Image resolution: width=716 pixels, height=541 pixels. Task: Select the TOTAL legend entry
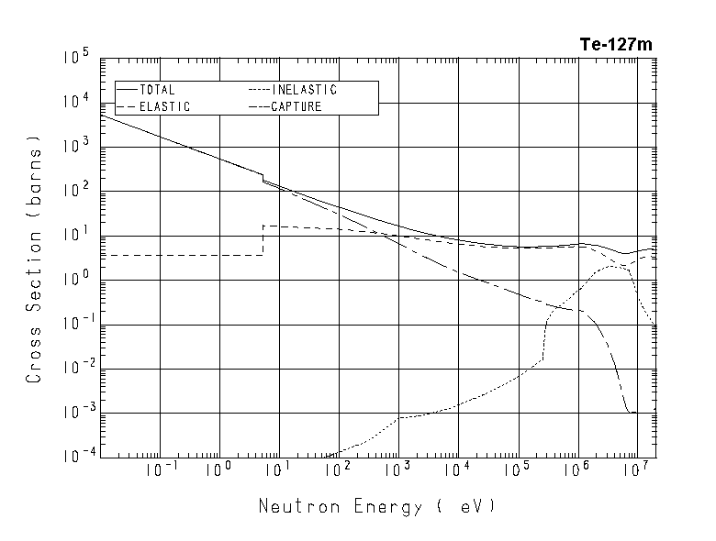(158, 90)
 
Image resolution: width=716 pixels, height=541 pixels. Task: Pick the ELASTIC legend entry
(165, 106)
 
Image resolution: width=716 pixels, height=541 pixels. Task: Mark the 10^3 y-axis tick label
(76, 148)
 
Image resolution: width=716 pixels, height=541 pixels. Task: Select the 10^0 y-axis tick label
(76, 281)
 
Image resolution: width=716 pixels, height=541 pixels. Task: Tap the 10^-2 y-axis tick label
(74, 370)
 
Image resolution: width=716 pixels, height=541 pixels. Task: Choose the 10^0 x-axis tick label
(219, 471)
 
